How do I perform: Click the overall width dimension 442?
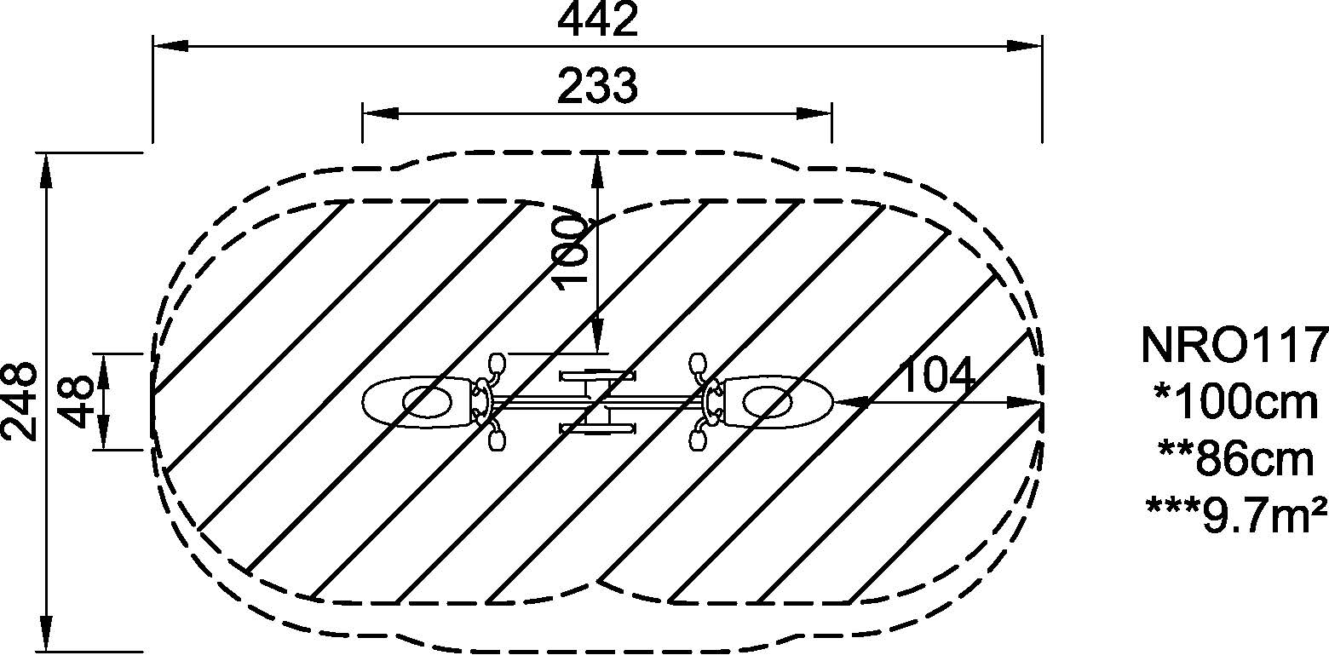click(597, 20)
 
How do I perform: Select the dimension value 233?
click(597, 87)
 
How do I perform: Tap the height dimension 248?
click(20, 401)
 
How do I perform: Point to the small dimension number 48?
click(78, 402)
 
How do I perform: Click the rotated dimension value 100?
click(570, 251)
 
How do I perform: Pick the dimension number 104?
click(937, 376)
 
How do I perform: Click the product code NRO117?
click(1234, 345)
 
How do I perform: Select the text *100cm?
click(1236, 402)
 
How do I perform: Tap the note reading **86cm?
click(1236, 459)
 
